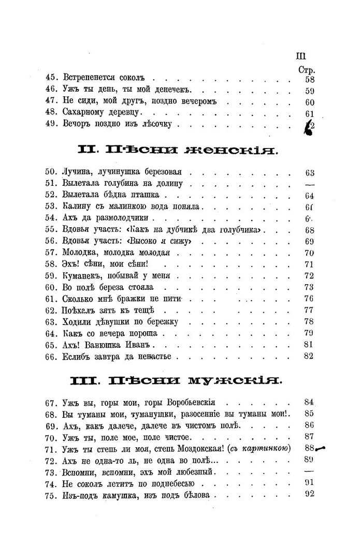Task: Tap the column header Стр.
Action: [307, 69]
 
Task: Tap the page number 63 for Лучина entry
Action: [310, 173]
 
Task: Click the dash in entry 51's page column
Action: [310, 185]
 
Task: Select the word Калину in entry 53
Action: [78, 208]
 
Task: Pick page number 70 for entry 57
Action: [310, 253]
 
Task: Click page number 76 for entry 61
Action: [310, 299]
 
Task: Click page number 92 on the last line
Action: [310, 494]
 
